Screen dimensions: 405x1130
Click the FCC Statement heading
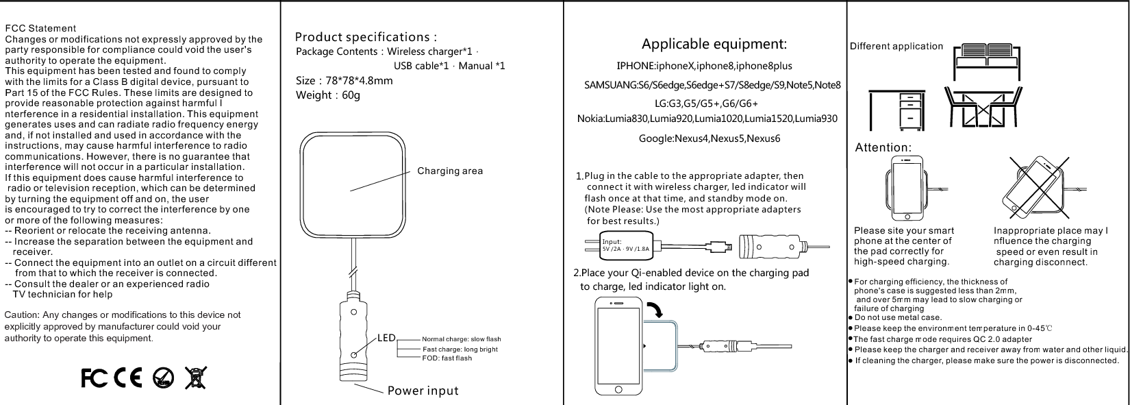click(40, 28)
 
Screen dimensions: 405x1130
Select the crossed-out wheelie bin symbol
click(195, 377)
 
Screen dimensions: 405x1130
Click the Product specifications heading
click(366, 37)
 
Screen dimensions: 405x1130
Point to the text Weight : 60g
click(327, 95)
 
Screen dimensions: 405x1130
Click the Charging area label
click(449, 171)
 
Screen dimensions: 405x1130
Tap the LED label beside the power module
click(387, 338)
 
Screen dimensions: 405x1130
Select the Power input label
click(423, 391)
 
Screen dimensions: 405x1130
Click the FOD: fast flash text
click(447, 358)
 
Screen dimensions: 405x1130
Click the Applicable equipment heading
click(714, 45)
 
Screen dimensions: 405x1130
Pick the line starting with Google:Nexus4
click(709, 138)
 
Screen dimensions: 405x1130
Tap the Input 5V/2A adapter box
click(625, 245)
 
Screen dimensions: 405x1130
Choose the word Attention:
click(883, 147)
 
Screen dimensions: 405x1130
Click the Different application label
click(896, 47)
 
